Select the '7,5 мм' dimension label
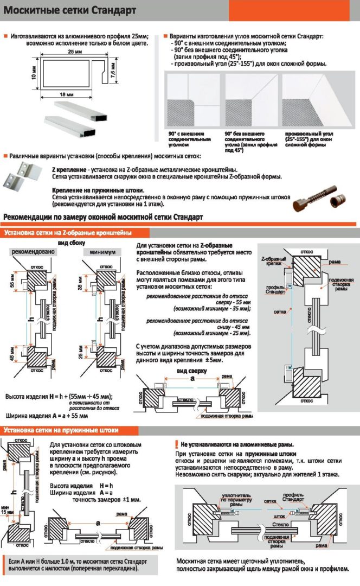112,72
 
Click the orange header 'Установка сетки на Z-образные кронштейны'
68,233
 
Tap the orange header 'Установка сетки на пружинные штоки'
61,430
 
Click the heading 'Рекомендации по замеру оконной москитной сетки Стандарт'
104,218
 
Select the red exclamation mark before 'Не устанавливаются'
177,443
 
